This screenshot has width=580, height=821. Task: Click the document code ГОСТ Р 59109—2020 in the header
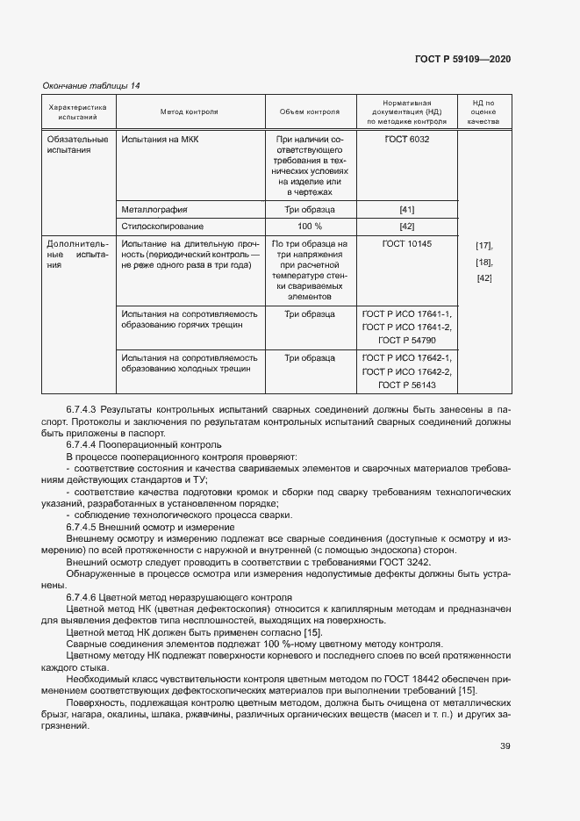(462, 59)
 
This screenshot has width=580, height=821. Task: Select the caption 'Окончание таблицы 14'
(91, 85)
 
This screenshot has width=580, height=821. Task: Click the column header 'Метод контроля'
(189, 112)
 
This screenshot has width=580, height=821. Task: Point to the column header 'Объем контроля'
(309, 112)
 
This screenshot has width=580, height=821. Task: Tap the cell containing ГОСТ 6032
(406, 139)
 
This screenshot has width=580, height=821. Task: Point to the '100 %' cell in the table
(309, 226)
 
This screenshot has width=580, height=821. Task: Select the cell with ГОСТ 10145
(406, 243)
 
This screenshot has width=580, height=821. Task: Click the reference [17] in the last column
(483, 245)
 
